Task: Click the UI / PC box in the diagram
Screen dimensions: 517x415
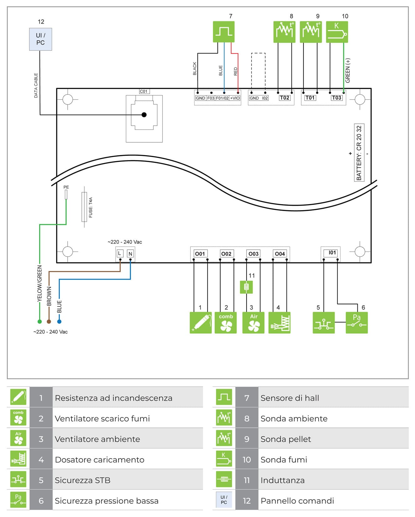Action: pyautogui.click(x=40, y=39)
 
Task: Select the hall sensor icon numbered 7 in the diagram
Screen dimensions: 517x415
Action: pyautogui.click(x=223, y=32)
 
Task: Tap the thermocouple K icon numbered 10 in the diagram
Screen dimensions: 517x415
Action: pyautogui.click(x=337, y=32)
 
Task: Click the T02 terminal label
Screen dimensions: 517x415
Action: pyautogui.click(x=284, y=98)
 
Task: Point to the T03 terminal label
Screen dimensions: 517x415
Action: pyautogui.click(x=336, y=98)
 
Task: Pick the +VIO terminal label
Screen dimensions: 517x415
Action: pyautogui.click(x=235, y=98)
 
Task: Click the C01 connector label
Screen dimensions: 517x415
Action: pyautogui.click(x=144, y=91)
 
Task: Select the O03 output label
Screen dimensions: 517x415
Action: pyautogui.click(x=253, y=253)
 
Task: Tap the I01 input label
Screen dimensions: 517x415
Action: pyautogui.click(x=332, y=253)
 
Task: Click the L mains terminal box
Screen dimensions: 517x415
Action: pyautogui.click(x=120, y=253)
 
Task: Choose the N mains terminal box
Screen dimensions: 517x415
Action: pyautogui.click(x=130, y=253)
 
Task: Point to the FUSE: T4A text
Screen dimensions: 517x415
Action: pyautogui.click(x=91, y=207)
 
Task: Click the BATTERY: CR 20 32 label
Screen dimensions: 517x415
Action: pyautogui.click(x=359, y=153)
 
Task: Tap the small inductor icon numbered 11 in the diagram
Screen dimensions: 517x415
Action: pyautogui.click(x=246, y=287)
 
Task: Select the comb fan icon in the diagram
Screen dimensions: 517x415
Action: pyautogui.click(x=226, y=322)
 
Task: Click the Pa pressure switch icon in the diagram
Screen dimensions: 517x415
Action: pyautogui.click(x=356, y=322)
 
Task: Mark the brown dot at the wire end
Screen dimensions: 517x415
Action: pyautogui.click(x=49, y=321)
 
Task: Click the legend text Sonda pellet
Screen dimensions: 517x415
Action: pyautogui.click(x=286, y=439)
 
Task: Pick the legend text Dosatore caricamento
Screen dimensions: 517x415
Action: pyautogui.click(x=100, y=460)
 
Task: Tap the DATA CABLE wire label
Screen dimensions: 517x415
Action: pyautogui.click(x=36, y=86)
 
